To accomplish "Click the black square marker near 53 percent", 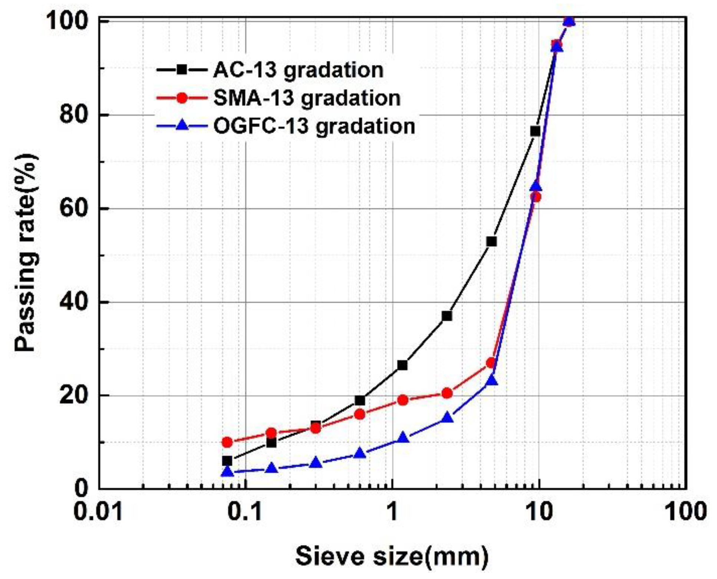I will pyautogui.click(x=491, y=242).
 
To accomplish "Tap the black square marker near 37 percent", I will pyautogui.click(x=447, y=316).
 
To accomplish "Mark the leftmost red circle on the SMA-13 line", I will pyautogui.click(x=227, y=442).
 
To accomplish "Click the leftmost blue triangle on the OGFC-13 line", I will pyautogui.click(x=227, y=471).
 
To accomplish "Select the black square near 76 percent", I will pyautogui.click(x=535, y=131).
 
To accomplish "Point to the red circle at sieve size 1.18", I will pyautogui.click(x=403, y=400).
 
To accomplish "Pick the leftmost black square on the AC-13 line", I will pyautogui.click(x=227, y=461).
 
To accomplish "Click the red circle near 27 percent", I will pyautogui.click(x=491, y=363).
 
